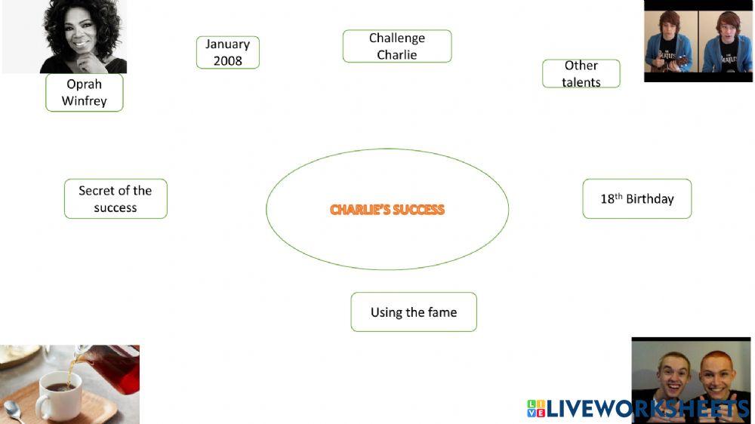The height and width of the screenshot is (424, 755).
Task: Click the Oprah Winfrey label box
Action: [84, 92]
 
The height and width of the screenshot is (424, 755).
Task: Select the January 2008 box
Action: [227, 52]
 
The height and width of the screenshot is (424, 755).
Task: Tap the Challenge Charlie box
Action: [396, 46]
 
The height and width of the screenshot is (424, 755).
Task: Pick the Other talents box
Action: [581, 74]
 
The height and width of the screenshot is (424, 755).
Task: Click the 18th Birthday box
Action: [636, 198]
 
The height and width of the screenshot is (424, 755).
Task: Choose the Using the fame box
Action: [413, 312]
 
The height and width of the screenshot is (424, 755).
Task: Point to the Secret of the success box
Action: [115, 198]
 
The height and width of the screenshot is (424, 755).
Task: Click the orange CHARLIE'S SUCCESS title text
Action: [387, 210]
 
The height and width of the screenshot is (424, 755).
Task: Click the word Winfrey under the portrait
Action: [84, 101]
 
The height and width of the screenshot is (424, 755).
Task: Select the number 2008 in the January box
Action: [227, 61]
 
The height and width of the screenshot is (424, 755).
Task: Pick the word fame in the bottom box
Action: [441, 312]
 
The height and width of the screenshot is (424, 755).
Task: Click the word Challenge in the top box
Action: [396, 38]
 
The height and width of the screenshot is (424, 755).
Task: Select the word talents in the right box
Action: [581, 82]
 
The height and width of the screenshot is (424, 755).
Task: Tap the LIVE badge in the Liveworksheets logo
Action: [535, 409]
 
